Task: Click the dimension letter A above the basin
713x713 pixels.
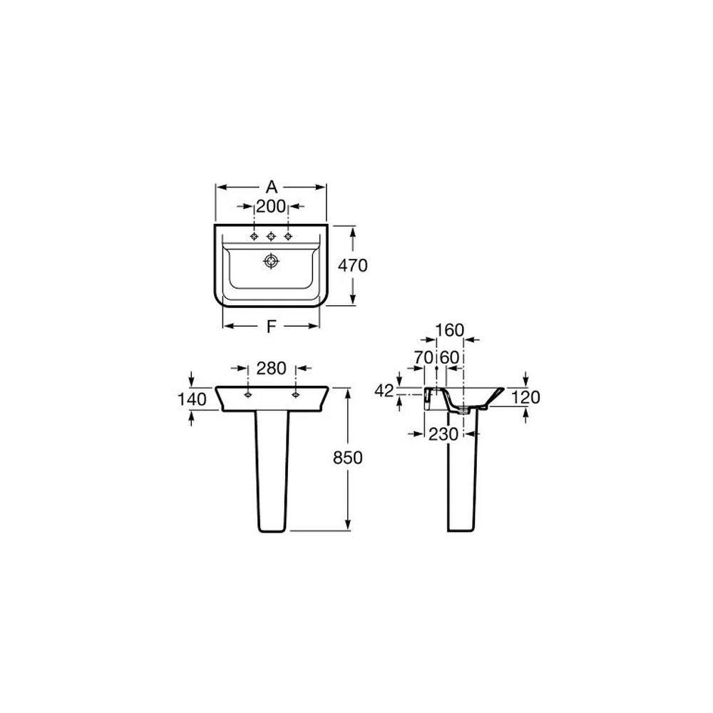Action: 272,187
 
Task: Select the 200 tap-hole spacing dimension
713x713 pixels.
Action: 271,207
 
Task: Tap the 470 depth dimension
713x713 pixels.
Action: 352,265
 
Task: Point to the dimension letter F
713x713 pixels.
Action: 271,326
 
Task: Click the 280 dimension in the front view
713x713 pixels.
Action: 272,368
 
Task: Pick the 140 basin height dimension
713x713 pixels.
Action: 191,399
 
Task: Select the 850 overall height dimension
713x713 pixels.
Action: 348,458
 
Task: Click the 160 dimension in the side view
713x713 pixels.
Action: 450,330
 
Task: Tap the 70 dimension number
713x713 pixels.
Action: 424,357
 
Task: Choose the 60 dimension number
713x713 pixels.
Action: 450,357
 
